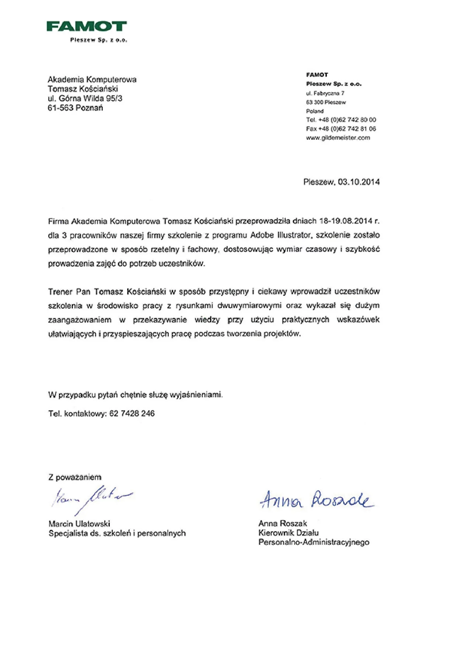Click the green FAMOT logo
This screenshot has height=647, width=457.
pyautogui.click(x=87, y=27)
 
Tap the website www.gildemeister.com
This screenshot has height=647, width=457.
pyautogui.click(x=338, y=138)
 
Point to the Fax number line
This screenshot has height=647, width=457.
pyautogui.click(x=341, y=129)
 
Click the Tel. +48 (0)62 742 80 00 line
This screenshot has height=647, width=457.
pyautogui.click(x=341, y=120)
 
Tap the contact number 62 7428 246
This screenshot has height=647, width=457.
pyautogui.click(x=132, y=414)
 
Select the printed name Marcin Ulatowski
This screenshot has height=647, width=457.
pyautogui.click(x=79, y=524)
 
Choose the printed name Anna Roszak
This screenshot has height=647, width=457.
pyautogui.click(x=283, y=523)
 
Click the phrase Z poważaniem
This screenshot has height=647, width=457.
pyautogui.click(x=75, y=477)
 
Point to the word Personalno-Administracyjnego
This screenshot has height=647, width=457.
pyautogui.click(x=314, y=542)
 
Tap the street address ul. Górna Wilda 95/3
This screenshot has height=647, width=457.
pyautogui.click(x=85, y=98)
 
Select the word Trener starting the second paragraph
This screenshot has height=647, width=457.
pyautogui.click(x=60, y=292)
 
